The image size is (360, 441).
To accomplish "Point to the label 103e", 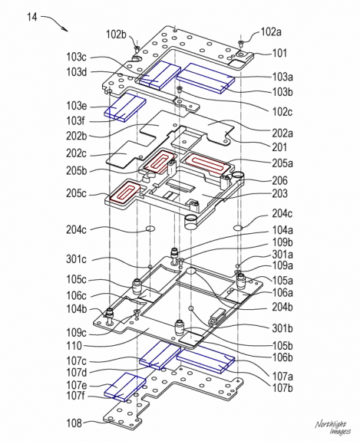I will (78, 105).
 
